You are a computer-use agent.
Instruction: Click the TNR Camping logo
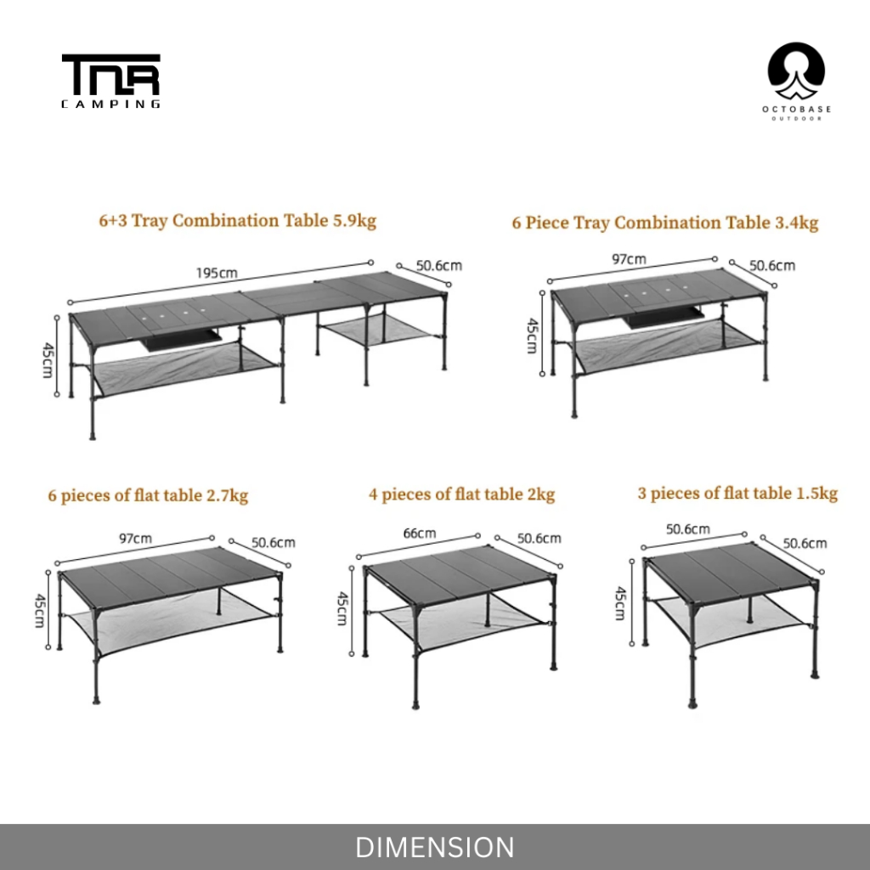tap(110, 82)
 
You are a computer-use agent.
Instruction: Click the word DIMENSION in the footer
tap(434, 847)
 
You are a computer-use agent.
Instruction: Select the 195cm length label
tap(217, 273)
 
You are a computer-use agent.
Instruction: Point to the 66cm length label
tap(419, 533)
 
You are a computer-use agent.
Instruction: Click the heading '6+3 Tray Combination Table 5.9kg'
tap(237, 221)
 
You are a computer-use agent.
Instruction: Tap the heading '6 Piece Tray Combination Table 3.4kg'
tap(664, 223)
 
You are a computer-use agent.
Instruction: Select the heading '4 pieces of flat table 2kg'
tap(461, 494)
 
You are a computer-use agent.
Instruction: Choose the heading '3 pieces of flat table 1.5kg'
tap(737, 493)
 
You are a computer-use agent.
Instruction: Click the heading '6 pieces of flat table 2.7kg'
tap(148, 495)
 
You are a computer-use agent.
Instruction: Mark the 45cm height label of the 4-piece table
tap(342, 608)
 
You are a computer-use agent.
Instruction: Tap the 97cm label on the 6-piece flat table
tap(135, 539)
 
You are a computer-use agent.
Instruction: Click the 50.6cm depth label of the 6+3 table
tap(440, 265)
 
